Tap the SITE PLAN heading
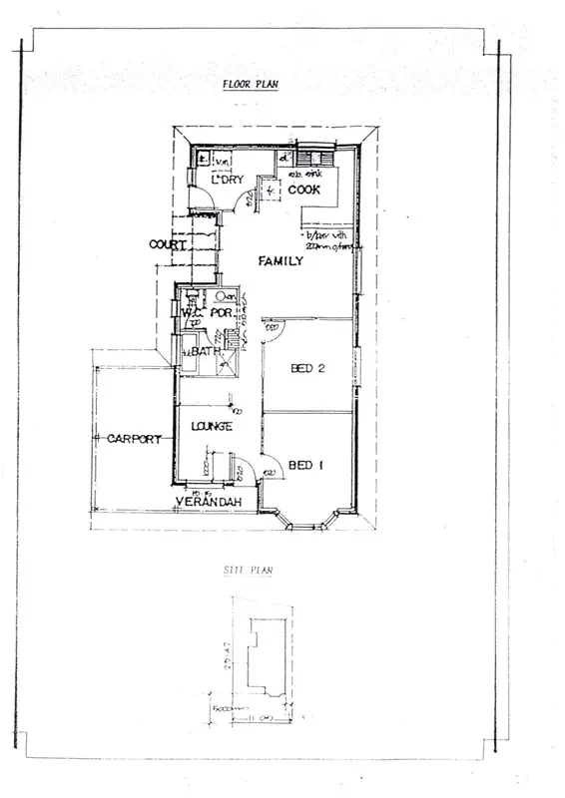pos(251,571)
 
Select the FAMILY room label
pos(282,261)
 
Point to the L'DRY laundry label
pos(228,180)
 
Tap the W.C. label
pos(193,313)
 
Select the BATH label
pos(206,352)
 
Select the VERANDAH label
pos(212,501)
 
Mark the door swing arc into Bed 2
pos(271,329)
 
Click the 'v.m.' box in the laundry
pos(223,161)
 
